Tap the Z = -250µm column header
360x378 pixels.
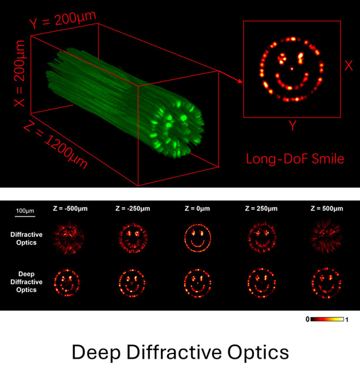coord(131,208)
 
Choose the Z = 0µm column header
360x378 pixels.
coord(196,208)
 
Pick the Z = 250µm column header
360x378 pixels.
coord(260,208)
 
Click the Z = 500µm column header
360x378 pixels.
coord(323,208)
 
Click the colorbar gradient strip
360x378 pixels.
coord(328,319)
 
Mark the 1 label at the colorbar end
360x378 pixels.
coord(348,319)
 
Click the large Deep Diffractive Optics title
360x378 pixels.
coord(180,352)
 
